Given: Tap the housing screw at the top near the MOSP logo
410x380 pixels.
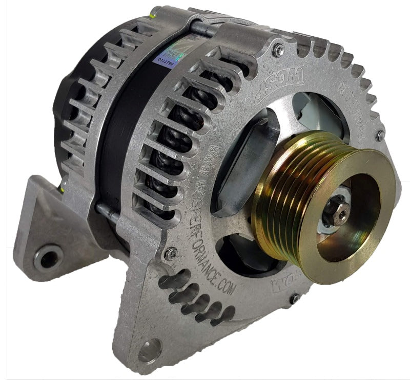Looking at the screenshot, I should pyautogui.click(x=278, y=50).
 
